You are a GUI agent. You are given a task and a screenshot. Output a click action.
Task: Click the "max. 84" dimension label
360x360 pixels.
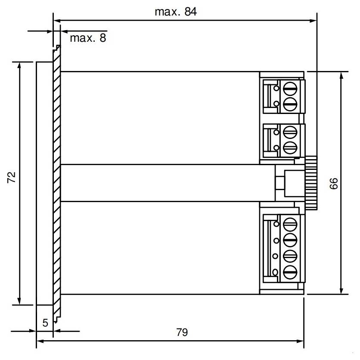pos(175,12)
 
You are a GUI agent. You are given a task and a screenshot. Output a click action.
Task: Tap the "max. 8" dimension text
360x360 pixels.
pos(87,38)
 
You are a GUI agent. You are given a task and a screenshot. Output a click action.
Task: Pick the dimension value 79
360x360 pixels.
pos(182,332)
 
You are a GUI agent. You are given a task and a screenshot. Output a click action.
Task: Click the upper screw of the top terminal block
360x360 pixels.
pos(291,89)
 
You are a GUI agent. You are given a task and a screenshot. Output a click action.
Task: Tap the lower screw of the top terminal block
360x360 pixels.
pos(291,103)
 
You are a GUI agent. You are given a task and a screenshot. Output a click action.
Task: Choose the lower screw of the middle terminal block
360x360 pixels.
pos(291,148)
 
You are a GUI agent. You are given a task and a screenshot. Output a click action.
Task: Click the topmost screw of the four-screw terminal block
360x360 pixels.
pos(291,223)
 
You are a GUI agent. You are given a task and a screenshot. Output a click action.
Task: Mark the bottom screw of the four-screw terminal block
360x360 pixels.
pos(291,272)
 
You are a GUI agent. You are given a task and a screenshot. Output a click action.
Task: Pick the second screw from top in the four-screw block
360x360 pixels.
pos(291,239)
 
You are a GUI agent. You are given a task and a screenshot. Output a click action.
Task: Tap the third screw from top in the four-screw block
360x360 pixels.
pos(291,255)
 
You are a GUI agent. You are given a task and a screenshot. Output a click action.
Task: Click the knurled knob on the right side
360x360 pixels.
pos(311,184)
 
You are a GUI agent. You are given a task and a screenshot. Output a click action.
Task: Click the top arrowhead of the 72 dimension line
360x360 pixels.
pos(19,65)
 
